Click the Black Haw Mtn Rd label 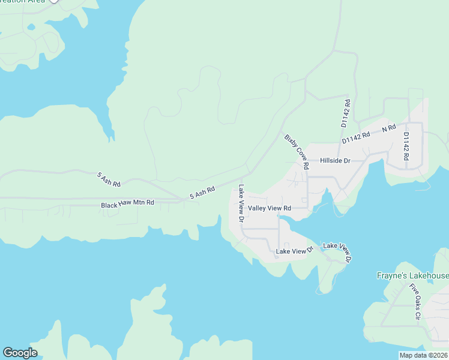click(x=127, y=204)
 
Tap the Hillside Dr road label click(x=335, y=161)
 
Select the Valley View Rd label click(x=270, y=208)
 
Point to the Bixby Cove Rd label click(x=297, y=151)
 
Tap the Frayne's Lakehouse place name click(x=412, y=276)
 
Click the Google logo click(x=20, y=353)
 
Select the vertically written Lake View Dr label click(x=241, y=203)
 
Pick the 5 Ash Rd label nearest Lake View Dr click(x=202, y=193)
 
